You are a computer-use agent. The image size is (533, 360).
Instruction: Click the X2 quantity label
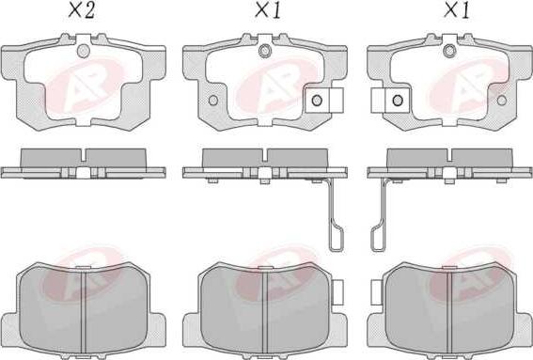pos(81,10)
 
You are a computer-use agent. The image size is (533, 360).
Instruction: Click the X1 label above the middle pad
pos(268,10)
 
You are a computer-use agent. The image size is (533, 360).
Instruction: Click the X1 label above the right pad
pos(457,10)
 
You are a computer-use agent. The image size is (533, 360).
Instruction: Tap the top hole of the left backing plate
pos(84,51)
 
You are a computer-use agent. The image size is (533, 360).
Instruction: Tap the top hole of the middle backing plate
pos(264,51)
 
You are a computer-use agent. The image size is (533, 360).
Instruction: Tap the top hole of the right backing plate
pos(449,51)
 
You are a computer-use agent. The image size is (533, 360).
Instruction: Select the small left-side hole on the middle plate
pos(213,101)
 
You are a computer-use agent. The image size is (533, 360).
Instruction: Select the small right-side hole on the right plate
pos(502,101)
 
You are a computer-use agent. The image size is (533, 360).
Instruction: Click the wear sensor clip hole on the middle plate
pos(317,100)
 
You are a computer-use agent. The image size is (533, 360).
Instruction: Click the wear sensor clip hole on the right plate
pos(398,100)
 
